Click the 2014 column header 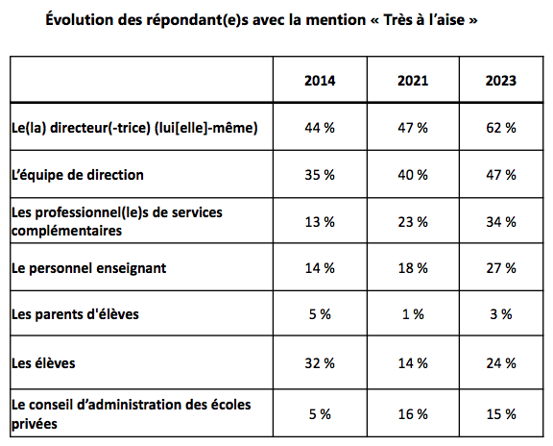click(x=320, y=81)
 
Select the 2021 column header click(x=413, y=81)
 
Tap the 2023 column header click(x=501, y=81)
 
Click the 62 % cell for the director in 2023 click(x=501, y=128)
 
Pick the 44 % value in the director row click(x=320, y=128)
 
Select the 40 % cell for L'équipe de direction click(x=413, y=175)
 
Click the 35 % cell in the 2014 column click(x=320, y=175)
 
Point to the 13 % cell click(x=320, y=222)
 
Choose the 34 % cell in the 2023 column click(x=501, y=222)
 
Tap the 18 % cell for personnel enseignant click(x=413, y=268)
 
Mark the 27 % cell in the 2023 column click(x=501, y=268)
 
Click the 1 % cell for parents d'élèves click(x=413, y=314)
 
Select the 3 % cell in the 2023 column click(x=501, y=314)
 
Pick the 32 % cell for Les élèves click(x=320, y=363)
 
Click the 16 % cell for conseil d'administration click(x=413, y=414)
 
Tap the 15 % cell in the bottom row click(x=501, y=414)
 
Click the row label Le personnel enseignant click(x=88, y=268)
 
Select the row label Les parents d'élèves click(x=75, y=314)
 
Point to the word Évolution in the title click(x=80, y=19)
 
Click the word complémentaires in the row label click(x=66, y=231)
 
